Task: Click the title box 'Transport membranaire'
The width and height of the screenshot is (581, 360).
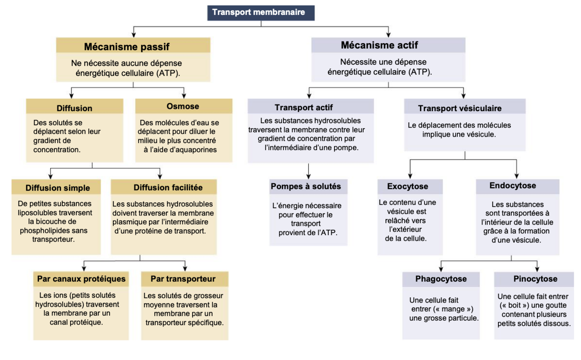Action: tap(260, 12)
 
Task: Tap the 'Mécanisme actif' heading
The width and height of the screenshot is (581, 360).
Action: tap(379, 45)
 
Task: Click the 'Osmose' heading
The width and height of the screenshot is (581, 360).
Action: tap(183, 106)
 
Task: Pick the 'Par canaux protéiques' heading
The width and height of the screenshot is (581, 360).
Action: tap(81, 279)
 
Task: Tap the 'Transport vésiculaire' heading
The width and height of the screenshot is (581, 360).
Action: tap(460, 108)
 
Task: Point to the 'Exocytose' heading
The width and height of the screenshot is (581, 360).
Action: tap(408, 187)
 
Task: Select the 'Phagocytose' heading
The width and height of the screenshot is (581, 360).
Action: tap(441, 279)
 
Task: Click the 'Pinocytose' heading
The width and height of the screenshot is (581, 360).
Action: tap(535, 279)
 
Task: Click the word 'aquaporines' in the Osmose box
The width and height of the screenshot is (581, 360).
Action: tap(196, 150)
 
